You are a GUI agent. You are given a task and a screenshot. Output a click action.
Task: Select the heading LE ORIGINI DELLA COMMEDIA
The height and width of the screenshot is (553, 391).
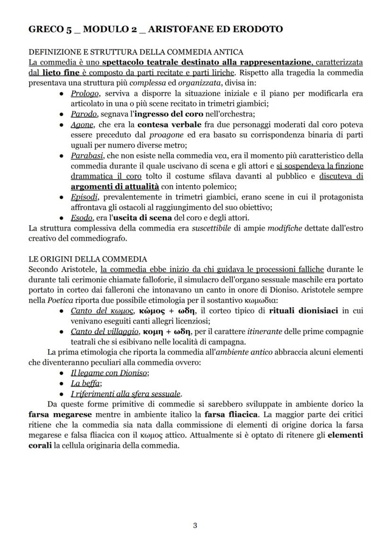tap(88, 259)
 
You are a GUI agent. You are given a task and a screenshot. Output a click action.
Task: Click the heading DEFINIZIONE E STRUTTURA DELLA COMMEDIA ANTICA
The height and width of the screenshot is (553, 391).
tap(136, 52)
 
